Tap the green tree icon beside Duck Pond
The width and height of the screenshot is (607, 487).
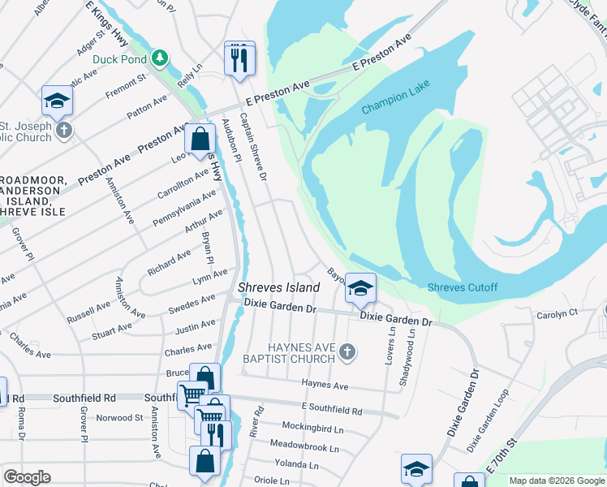(x=161, y=58)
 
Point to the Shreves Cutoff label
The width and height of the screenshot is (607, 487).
(x=463, y=288)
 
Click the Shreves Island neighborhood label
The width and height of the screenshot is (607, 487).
(x=278, y=288)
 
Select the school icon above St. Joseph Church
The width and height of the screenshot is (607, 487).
(x=58, y=101)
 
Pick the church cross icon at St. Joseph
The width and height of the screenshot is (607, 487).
(x=63, y=130)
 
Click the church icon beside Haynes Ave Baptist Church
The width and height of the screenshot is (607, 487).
(x=347, y=351)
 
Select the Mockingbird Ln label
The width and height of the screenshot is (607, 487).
(x=312, y=426)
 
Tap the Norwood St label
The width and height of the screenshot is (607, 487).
(x=119, y=418)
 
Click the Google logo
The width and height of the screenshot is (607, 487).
(x=27, y=477)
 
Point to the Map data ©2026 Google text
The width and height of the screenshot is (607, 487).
(x=557, y=481)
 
